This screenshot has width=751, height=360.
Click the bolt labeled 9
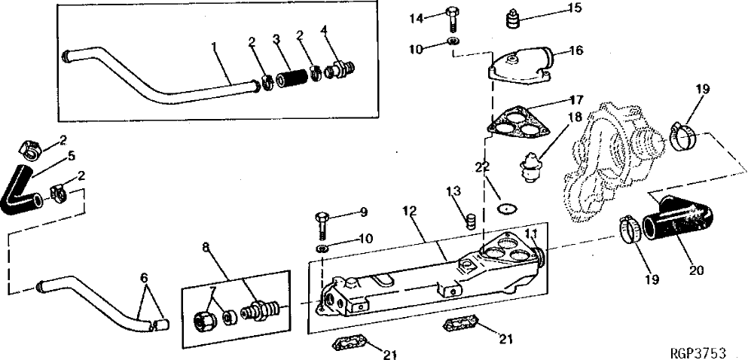pyautogui.click(x=322, y=223)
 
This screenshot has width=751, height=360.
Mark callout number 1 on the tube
pyautogui.click(x=215, y=47)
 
